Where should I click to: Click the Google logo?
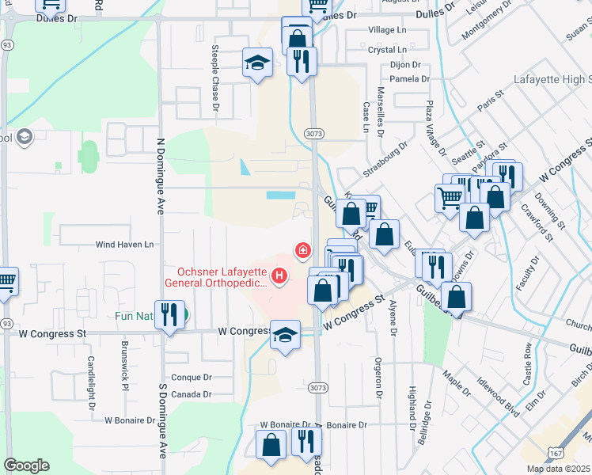(26, 465)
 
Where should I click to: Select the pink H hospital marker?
(279, 275)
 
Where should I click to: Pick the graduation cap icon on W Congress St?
(286, 334)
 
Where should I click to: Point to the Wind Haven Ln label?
(124, 245)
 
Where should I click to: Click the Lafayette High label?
(552, 80)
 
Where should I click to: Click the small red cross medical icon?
(302, 250)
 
